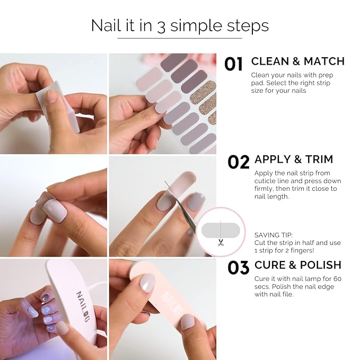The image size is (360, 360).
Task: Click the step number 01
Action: tap(233, 64)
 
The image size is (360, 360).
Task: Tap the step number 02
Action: tap(238, 162)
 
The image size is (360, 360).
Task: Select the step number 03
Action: tap(238, 267)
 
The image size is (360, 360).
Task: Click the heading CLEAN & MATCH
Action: tap(298, 62)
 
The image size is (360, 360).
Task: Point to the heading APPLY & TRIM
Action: tap(294, 160)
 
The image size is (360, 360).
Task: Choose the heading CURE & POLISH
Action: tap(298, 265)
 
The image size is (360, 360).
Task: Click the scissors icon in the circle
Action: tap(221, 243)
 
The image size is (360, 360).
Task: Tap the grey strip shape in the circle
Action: tap(221, 230)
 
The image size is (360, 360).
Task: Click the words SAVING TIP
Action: tap(273, 235)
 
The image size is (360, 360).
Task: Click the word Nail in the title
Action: tap(106, 25)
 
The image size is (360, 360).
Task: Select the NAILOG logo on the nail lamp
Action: tap(83, 306)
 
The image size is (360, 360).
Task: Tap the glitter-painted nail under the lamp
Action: tap(46, 298)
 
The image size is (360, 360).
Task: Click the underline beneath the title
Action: tap(180, 38)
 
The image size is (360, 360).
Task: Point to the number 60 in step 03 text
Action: tap(338, 279)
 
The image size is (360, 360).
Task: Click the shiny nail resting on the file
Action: tap(147, 283)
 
